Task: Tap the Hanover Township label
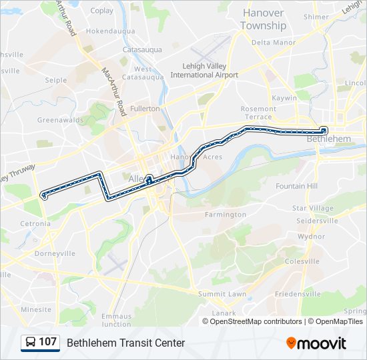click(263, 19)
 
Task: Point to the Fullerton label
click(145, 108)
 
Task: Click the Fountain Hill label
click(296, 186)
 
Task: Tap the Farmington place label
click(225, 215)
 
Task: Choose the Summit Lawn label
click(222, 294)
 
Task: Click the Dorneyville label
click(55, 253)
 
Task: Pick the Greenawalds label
click(59, 120)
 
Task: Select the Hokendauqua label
click(111, 31)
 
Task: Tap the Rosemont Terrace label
click(258, 113)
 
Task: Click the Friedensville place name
click(298, 294)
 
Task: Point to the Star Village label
click(312, 209)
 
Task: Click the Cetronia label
click(35, 224)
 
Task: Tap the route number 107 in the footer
click(47, 342)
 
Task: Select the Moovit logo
click(316, 343)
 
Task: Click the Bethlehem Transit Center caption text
click(125, 343)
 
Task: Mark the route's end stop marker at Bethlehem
click(324, 130)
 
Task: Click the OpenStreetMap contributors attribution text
click(256, 321)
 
